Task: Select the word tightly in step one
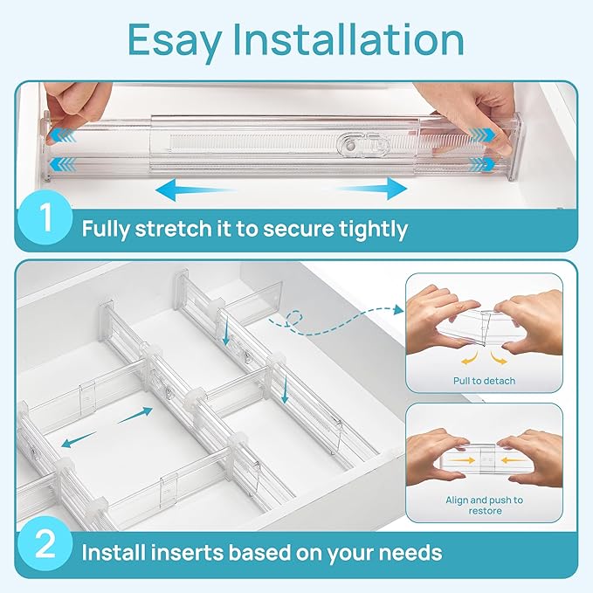coord(368,230)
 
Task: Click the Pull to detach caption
coord(484,381)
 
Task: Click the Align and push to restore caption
coord(484,506)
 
